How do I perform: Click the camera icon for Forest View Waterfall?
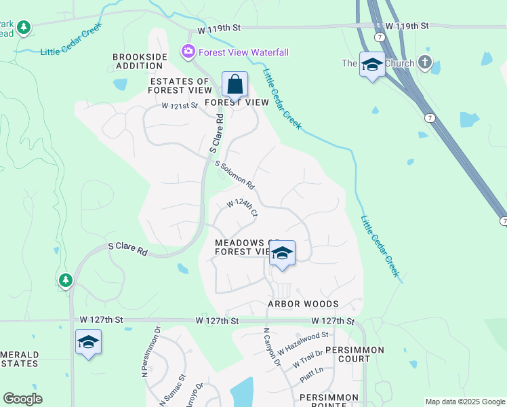click(188, 52)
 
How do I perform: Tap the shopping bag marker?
click(235, 85)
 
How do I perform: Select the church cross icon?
click(425, 63)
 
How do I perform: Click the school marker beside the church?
click(371, 65)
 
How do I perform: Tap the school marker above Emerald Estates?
click(88, 343)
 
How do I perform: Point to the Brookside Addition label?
click(138, 61)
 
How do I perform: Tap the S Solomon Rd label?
click(235, 175)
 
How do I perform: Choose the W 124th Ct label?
click(242, 207)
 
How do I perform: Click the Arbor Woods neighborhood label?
click(302, 304)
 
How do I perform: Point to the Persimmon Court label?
click(354, 355)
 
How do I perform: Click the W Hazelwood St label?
click(303, 339)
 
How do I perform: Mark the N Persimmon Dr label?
click(150, 352)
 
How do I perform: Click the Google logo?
click(23, 399)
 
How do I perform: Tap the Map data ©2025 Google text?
click(464, 402)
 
